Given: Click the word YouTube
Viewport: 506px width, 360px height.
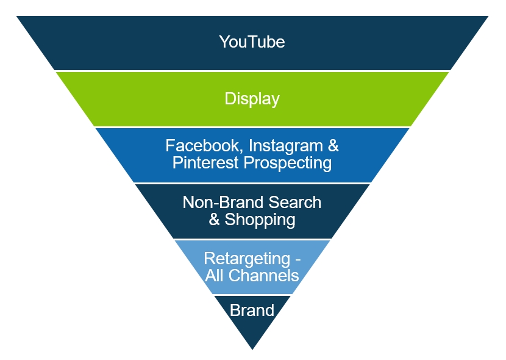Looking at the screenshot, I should tap(252, 42).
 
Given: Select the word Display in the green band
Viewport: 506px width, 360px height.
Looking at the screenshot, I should tap(252, 99).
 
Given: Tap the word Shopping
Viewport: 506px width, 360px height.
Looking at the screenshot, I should tap(260, 220).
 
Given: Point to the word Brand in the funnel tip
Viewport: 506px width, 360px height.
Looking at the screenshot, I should tap(252, 311).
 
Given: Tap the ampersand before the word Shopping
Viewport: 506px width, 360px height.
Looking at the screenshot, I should tap(215, 220).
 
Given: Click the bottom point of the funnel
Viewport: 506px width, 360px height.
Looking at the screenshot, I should tap(252, 349).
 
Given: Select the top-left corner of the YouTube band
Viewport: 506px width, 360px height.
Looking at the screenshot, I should tap(17, 16).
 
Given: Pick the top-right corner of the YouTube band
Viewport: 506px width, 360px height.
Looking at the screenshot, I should tap(488, 16).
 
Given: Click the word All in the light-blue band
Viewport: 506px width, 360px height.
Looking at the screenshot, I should tap(214, 275).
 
